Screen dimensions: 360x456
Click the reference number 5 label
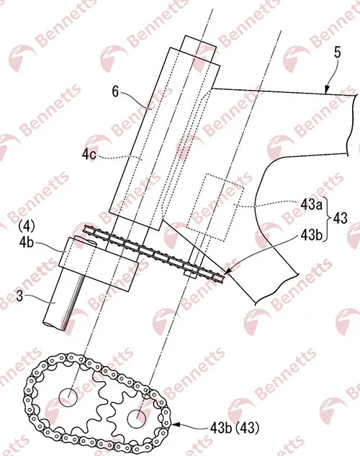tap(337, 53)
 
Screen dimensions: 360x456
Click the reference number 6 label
tap(115, 92)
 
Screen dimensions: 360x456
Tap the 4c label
tap(89, 155)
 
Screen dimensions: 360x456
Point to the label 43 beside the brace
tap(341, 218)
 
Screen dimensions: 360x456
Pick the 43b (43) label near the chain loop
tap(234, 428)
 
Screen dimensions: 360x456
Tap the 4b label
tap(26, 243)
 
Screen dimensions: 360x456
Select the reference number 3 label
tap(19, 296)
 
